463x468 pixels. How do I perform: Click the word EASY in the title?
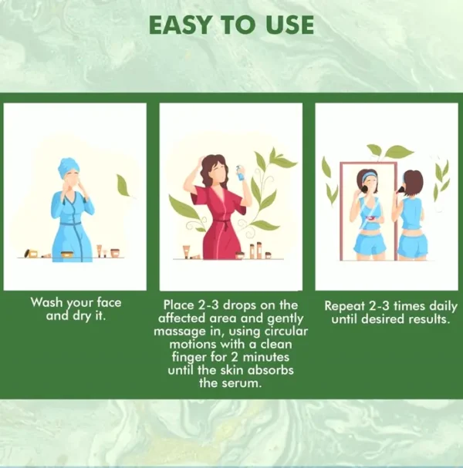[180, 25]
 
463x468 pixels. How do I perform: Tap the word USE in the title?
[289, 25]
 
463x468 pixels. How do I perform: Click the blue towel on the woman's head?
[68, 167]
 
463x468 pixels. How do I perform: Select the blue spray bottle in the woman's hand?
[241, 173]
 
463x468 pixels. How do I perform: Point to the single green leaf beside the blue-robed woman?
[123, 185]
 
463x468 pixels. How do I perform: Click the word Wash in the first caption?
[47, 302]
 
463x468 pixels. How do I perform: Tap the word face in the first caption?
[109, 302]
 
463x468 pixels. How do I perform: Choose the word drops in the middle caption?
[240, 305]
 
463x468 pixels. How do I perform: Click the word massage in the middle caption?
[180, 332]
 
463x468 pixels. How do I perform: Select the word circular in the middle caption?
[286, 331]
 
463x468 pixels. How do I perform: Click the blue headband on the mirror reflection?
[369, 176]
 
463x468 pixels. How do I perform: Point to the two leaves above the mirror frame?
[389, 151]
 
